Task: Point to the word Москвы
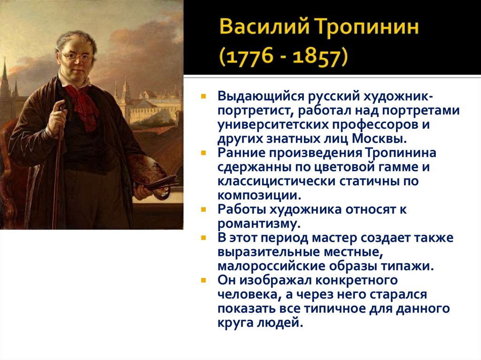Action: click(381, 139)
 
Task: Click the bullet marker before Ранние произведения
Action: click(203, 153)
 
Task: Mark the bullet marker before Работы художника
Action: click(203, 210)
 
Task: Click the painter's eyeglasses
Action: click(78, 57)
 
